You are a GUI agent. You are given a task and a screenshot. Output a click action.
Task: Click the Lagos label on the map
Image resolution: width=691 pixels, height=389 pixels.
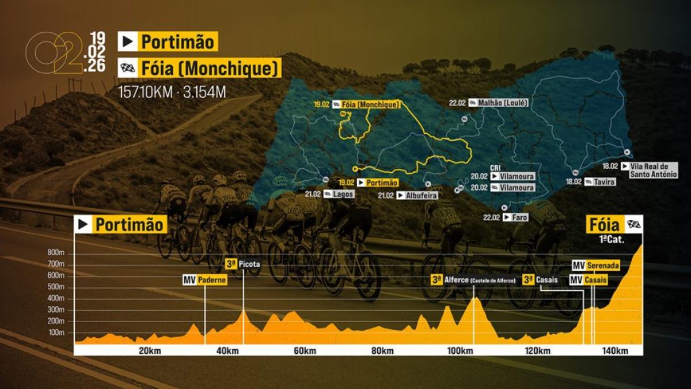[343, 194]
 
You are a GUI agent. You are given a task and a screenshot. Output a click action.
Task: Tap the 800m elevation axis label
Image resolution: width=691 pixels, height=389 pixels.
[56, 252]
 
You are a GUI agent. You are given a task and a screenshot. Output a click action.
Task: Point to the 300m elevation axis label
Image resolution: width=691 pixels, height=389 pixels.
[56, 309]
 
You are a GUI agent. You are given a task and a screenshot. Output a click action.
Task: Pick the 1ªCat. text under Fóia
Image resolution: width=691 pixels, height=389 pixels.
[612, 239]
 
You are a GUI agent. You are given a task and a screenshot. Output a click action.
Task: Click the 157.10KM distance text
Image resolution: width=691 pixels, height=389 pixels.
[145, 92]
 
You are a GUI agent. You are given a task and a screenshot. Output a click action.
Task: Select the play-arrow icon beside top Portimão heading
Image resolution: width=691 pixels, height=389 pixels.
[127, 41]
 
